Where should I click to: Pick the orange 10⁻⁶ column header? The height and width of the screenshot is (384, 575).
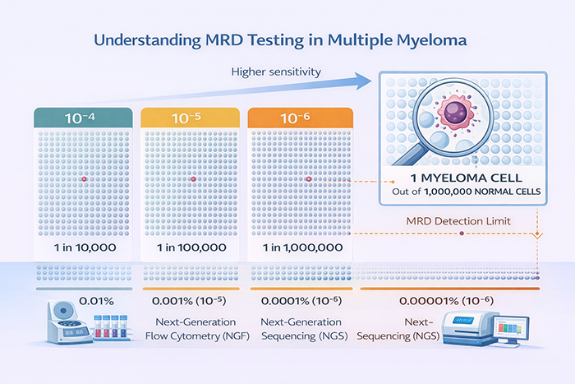click(x=301, y=118)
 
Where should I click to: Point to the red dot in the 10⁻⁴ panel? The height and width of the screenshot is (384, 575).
click(x=82, y=178)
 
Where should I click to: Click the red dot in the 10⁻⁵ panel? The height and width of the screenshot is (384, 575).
click(x=192, y=178)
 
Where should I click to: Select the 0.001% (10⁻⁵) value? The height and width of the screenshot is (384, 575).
click(x=192, y=303)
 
